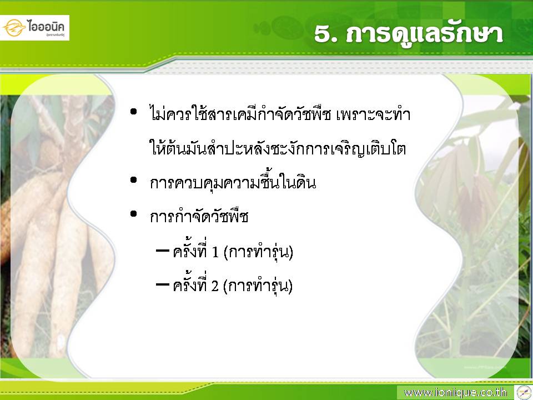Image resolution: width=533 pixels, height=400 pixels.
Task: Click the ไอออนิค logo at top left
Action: click(x=34, y=28)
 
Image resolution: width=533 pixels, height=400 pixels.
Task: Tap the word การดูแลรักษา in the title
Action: click(x=424, y=34)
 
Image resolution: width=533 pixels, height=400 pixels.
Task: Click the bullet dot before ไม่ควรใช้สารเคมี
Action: click(x=133, y=112)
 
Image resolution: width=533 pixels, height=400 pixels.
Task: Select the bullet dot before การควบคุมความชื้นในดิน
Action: click(x=133, y=180)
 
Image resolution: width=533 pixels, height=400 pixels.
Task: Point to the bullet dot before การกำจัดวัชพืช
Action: click(x=133, y=214)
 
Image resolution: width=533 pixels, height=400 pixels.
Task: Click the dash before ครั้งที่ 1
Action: click(x=163, y=251)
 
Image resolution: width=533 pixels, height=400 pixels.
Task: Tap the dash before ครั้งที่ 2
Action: click(x=163, y=284)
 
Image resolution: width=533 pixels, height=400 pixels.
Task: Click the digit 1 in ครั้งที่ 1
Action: click(x=215, y=252)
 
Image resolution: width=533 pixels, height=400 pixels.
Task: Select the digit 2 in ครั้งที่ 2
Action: click(x=215, y=287)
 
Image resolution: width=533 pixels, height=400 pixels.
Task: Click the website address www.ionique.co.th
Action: click(x=455, y=393)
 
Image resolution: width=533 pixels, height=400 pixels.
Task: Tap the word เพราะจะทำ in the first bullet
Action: click(x=373, y=114)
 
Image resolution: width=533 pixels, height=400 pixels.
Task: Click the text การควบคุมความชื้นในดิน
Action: click(x=233, y=182)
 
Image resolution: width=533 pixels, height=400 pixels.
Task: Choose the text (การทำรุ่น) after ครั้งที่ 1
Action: click(x=258, y=252)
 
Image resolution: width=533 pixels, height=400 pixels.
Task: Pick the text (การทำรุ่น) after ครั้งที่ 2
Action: click(x=258, y=287)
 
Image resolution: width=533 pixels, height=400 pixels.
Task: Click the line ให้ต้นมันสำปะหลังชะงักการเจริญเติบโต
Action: click(x=278, y=148)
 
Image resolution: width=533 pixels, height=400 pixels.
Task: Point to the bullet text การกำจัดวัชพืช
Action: click(x=199, y=216)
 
